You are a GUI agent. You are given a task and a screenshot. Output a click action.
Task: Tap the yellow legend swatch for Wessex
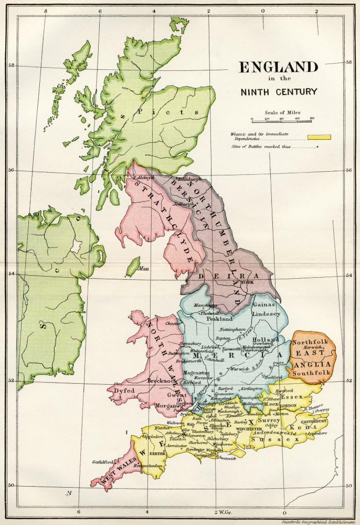click(319, 137)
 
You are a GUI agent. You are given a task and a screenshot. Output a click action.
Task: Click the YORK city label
click(246, 282)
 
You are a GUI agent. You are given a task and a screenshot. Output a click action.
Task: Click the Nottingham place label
click(232, 329)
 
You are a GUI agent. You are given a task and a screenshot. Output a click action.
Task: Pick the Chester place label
click(173, 324)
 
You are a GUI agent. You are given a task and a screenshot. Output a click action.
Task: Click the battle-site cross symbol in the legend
click(317, 148)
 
